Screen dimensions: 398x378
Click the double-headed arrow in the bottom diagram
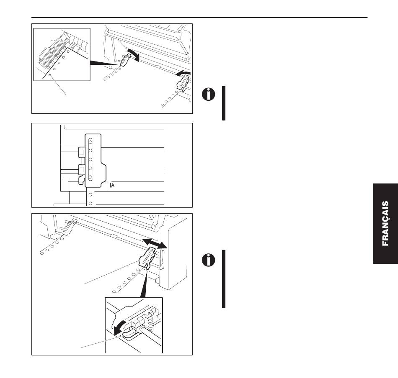(155, 242)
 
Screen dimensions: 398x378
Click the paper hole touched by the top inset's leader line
(50, 76)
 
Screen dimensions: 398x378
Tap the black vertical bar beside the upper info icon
(224, 103)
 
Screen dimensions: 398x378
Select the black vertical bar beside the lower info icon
(224, 279)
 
